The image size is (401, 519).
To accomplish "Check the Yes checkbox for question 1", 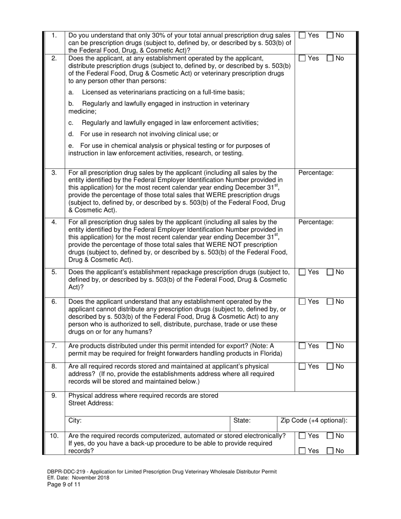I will point(302,36).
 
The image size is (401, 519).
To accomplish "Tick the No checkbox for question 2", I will point(330,59).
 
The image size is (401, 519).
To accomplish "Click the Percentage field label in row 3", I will point(316,173).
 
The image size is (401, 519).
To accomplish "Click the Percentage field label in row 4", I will point(316,222).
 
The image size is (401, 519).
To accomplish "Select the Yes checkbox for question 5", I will point(302,273).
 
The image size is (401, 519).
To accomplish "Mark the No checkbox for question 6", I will point(330,302).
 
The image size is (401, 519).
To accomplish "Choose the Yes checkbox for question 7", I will point(302,346).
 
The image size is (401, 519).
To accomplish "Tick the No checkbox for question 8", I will point(330,367).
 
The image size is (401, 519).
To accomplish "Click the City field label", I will point(75,421).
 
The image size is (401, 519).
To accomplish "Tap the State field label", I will point(242,421).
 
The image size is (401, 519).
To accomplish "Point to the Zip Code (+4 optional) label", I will point(314,421).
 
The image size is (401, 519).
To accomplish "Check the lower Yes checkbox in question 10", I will point(302,451).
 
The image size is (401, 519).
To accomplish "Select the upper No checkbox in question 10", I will point(330,436).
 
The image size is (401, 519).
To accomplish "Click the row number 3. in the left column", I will point(54,173).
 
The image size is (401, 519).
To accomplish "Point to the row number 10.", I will point(54,436).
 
